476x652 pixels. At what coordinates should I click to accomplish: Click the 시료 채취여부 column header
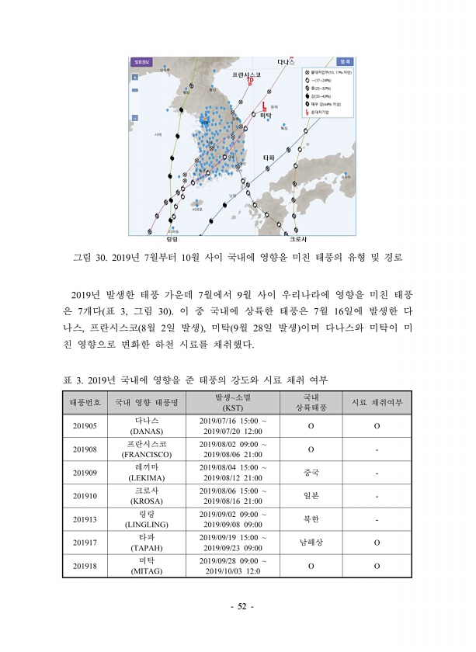[377, 402]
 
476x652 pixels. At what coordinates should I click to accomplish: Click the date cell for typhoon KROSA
[233, 497]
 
